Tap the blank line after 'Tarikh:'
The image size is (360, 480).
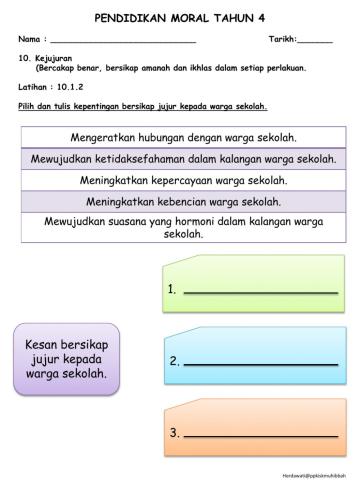[x=316, y=41]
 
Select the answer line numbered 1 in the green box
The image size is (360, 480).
[x=261, y=291]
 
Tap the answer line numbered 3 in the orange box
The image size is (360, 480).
[x=261, y=435]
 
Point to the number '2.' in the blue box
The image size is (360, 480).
[x=174, y=360]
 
